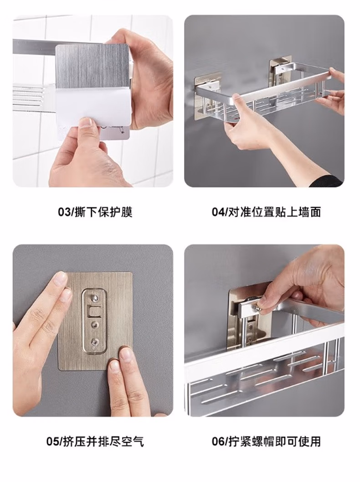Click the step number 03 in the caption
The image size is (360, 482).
pyautogui.click(x=64, y=212)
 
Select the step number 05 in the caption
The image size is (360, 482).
pyautogui.click(x=52, y=442)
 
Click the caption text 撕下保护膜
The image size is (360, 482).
pyautogui.click(x=104, y=212)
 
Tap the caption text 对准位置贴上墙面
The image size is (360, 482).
pyautogui.click(x=275, y=212)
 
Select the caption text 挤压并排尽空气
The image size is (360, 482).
pyautogui.click(x=103, y=442)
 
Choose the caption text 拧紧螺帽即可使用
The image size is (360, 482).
pyautogui.click(x=275, y=442)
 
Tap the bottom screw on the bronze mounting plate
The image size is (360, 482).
pyautogui.click(x=95, y=341)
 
